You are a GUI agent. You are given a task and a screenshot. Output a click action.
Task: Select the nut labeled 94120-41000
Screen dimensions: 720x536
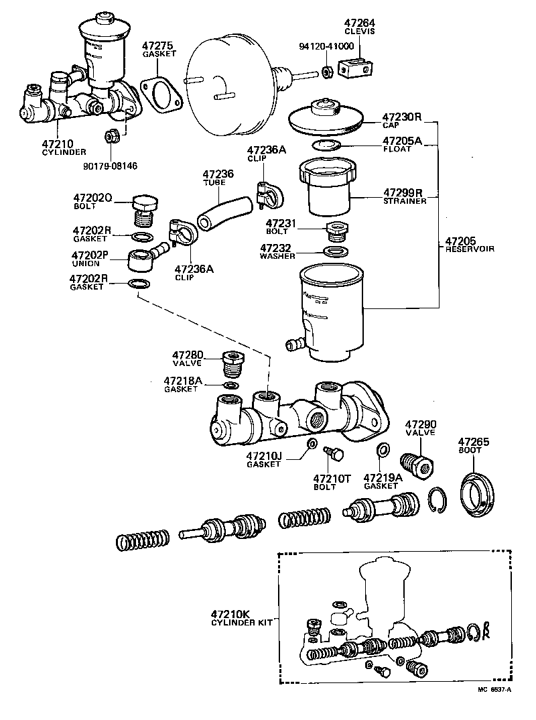[x=326, y=71]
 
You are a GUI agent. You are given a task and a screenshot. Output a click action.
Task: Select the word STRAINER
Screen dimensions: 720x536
[x=405, y=200]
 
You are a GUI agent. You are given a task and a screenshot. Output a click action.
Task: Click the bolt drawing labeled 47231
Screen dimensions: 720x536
[x=334, y=231]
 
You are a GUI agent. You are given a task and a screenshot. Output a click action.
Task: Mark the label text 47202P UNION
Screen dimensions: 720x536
[x=91, y=258]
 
